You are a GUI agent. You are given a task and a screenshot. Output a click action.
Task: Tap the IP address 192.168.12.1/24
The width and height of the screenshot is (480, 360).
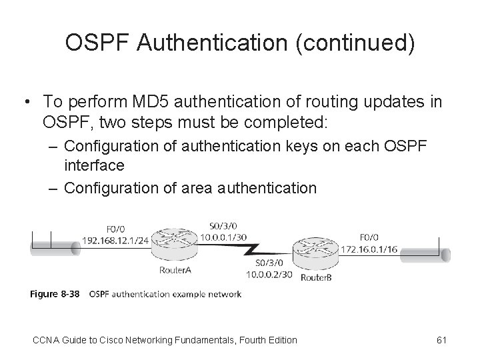(x=114, y=241)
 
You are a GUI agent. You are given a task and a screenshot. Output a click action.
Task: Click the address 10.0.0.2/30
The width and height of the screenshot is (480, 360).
(x=269, y=273)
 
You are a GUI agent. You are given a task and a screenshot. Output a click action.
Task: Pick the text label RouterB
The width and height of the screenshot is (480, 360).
(x=317, y=277)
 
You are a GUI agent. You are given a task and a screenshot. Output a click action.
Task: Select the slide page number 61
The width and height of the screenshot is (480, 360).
(x=441, y=340)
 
